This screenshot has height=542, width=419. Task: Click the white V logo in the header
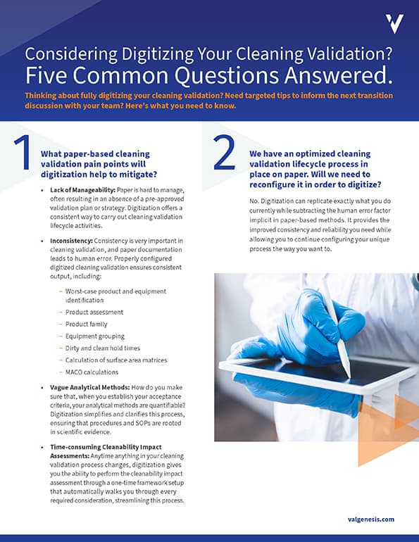[x=395, y=24]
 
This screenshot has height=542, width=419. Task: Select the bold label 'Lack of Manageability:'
[x=81, y=190]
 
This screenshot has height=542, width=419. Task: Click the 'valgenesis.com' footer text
[x=370, y=519]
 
